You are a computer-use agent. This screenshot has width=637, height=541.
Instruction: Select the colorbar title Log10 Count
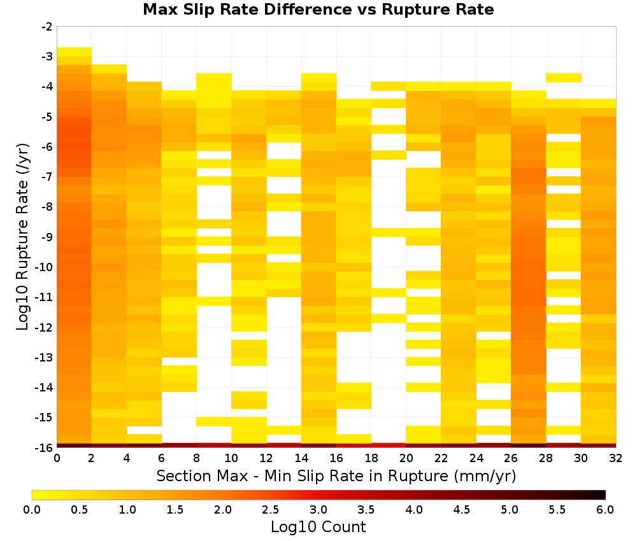pos(318,527)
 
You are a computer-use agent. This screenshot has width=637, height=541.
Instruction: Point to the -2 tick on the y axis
pos(47,27)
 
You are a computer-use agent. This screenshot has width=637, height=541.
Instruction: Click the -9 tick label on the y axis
pos(47,237)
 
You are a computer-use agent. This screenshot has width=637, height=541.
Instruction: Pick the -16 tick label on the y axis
pos(45,447)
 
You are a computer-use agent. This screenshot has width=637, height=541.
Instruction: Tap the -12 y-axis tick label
pos(45,327)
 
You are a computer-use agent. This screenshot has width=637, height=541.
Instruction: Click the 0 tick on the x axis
pos(57,458)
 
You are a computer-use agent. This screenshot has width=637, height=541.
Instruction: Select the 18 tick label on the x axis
pos(371,458)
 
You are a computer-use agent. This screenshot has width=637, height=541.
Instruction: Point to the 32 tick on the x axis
pos(616,458)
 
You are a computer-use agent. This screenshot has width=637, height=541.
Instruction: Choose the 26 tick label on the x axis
pos(511,458)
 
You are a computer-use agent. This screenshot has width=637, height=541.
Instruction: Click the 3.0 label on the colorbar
pos(318,510)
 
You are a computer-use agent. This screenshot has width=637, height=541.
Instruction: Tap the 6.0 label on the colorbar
pos(605,510)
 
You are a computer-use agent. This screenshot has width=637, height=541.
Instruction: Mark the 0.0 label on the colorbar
pos(32,510)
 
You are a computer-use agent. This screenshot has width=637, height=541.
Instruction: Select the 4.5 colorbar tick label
pos(461,510)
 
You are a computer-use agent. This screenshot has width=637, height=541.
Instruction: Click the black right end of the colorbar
pos(603,495)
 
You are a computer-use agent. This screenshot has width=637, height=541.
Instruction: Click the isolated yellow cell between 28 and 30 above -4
pos(564,78)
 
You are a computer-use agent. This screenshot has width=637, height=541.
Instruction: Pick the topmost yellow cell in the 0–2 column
pos(75,52)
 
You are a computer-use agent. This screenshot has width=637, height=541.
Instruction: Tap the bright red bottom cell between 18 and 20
pos(389,446)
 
